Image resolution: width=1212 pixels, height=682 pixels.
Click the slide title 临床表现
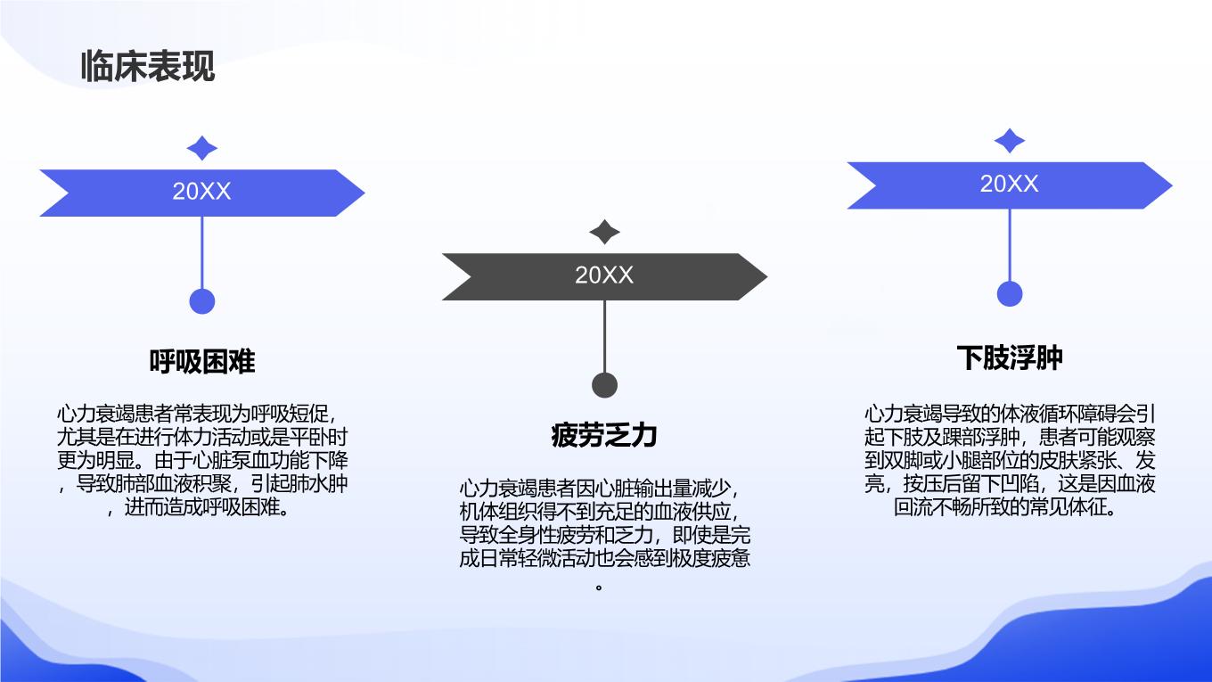(x=148, y=66)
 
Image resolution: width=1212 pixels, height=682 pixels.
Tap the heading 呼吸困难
(x=201, y=361)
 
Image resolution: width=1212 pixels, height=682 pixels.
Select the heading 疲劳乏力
(x=604, y=435)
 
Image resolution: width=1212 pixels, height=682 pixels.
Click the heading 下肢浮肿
(x=1010, y=357)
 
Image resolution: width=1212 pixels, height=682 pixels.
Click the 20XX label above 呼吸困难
(x=201, y=192)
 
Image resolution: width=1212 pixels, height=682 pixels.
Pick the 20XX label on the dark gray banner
(x=604, y=275)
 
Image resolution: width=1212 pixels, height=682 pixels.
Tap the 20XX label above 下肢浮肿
(x=1010, y=184)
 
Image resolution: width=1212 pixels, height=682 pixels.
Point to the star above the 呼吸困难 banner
(x=201, y=148)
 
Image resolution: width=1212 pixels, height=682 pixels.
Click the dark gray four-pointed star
(x=604, y=232)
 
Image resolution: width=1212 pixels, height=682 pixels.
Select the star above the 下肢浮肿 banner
(x=1010, y=141)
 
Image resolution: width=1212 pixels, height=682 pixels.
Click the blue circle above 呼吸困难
(x=202, y=301)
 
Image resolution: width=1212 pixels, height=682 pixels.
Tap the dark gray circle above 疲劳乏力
(x=604, y=385)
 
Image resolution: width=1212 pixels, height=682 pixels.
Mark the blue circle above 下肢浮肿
(x=1010, y=294)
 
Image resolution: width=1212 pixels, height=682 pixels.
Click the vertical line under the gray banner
(x=604, y=336)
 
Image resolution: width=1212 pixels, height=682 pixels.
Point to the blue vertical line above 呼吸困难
(x=202, y=253)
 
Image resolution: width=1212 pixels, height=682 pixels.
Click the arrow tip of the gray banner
(x=766, y=276)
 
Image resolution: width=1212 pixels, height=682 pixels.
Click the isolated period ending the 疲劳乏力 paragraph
(x=599, y=587)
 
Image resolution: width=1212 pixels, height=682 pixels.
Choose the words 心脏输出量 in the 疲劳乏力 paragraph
(x=643, y=489)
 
